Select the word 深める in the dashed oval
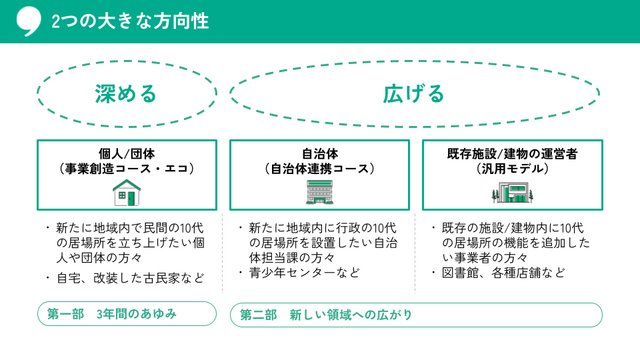tap(126, 94)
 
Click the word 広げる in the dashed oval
tap(413, 94)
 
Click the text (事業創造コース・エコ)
tap(126, 169)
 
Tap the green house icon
tap(126, 191)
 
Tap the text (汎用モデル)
tap(513, 169)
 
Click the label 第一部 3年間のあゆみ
tap(112, 314)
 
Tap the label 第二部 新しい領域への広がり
tap(326, 315)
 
